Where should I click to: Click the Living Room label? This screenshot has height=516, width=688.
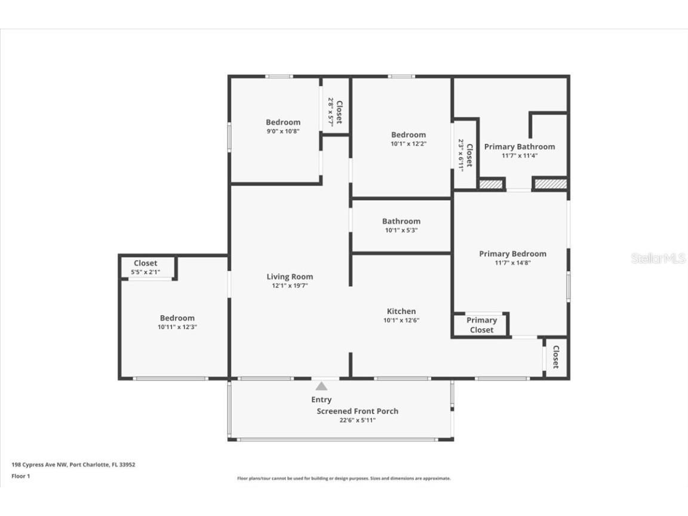tap(290, 277)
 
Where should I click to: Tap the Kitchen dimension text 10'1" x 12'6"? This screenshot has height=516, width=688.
tap(401, 320)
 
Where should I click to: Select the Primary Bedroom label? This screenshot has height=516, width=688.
tap(512, 254)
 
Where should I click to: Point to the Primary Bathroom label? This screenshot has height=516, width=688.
tap(519, 146)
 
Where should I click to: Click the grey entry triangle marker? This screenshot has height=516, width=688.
tap(321, 386)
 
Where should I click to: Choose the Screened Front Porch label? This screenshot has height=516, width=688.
tap(357, 411)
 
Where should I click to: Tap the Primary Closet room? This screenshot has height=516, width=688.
tap(481, 325)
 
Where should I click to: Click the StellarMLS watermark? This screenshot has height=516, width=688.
tap(658, 259)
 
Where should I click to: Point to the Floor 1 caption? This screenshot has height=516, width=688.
tap(20, 476)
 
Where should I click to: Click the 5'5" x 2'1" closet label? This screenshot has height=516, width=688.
tap(145, 272)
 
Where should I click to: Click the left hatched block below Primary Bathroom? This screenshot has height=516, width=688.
tap(491, 185)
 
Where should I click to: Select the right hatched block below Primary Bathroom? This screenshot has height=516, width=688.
tap(549, 185)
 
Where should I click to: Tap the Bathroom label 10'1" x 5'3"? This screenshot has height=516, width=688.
tap(401, 230)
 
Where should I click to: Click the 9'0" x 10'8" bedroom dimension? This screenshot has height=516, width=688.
tap(282, 131)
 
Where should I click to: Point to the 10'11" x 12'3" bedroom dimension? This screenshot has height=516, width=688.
tap(177, 327)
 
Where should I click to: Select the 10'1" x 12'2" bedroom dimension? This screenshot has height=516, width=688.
tap(408, 143)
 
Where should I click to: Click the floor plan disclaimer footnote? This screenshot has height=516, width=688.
tap(344, 478)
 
